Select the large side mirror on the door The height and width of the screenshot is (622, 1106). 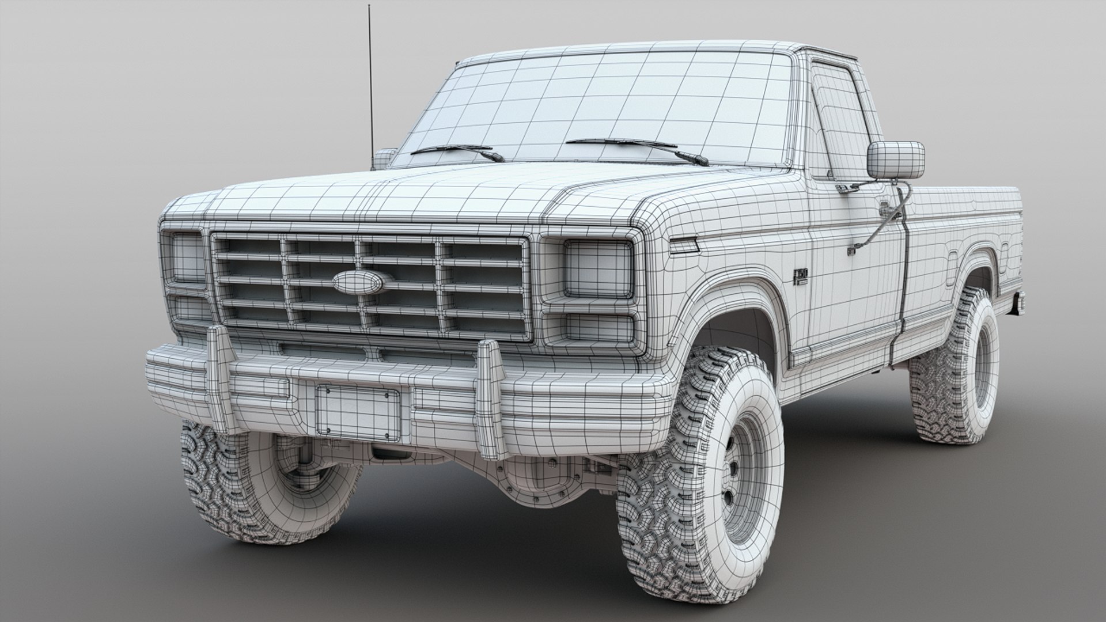pos(895,160)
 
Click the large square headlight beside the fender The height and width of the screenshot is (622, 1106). pos(597,269)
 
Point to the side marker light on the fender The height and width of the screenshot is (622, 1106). pos(684,247)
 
